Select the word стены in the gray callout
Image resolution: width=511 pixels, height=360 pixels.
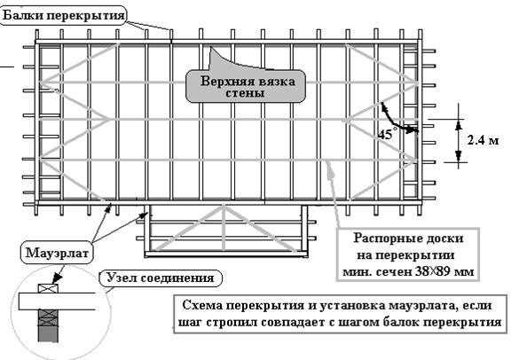coord(251,92)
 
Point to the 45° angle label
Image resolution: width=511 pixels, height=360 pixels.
coord(385,135)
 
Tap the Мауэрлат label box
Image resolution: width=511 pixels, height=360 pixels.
coord(53,254)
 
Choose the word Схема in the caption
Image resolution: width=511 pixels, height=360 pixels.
coord(204,304)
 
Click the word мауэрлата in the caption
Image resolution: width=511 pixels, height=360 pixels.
coord(415,304)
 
